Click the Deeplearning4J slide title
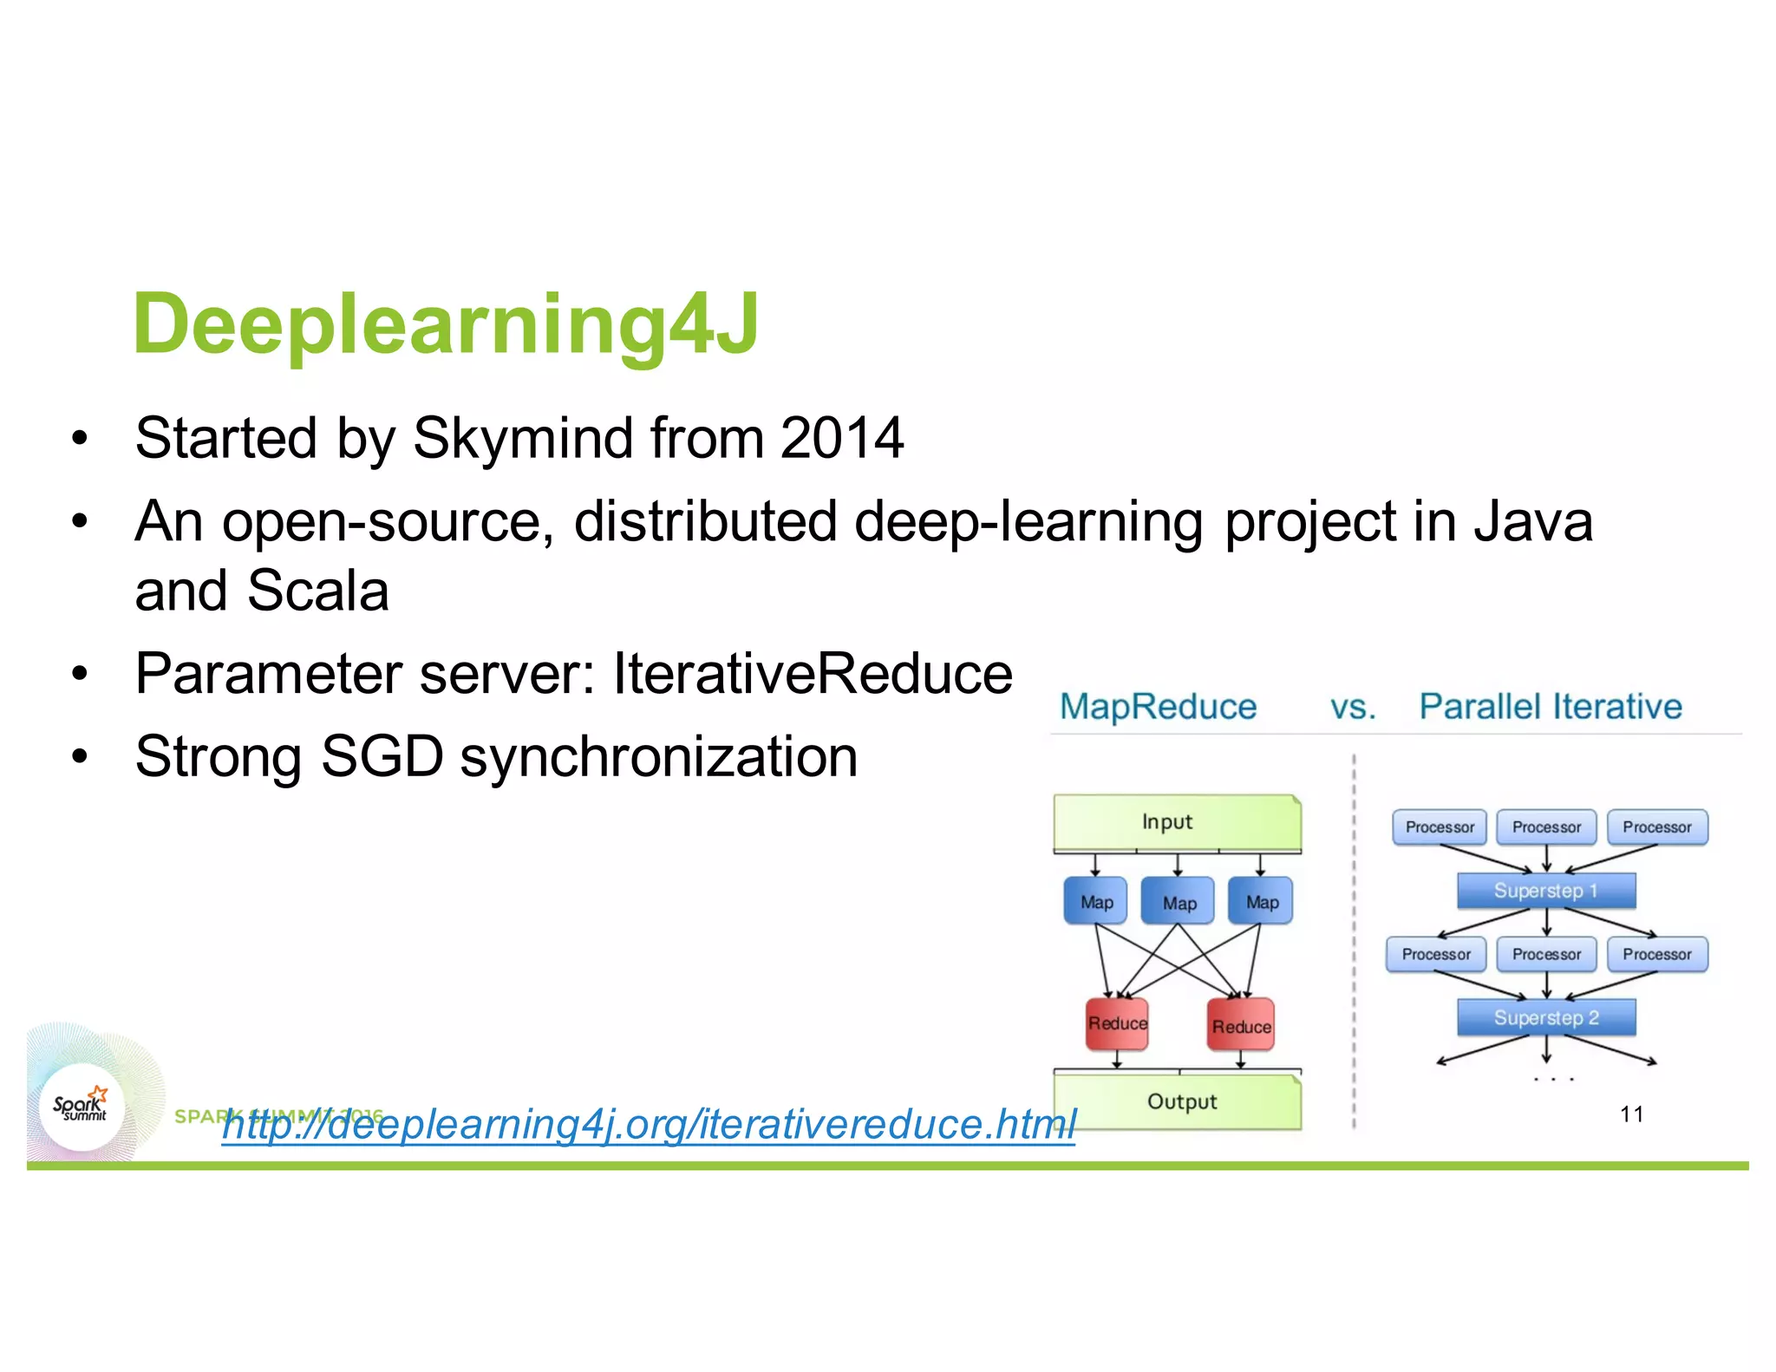(x=446, y=324)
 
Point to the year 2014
(x=841, y=438)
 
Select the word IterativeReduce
(x=813, y=674)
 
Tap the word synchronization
(x=659, y=757)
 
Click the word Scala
(x=318, y=591)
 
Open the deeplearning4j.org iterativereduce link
(x=648, y=1125)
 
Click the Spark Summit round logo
(x=82, y=1107)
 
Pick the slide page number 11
(x=1631, y=1114)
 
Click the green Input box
(x=1176, y=821)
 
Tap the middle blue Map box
(x=1179, y=902)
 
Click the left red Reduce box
(x=1117, y=1024)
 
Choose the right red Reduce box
(x=1241, y=1026)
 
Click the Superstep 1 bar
(x=1545, y=891)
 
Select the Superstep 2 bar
(x=1545, y=1017)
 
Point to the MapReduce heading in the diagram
(x=1158, y=707)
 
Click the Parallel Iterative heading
(x=1550, y=707)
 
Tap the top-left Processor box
(x=1440, y=827)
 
